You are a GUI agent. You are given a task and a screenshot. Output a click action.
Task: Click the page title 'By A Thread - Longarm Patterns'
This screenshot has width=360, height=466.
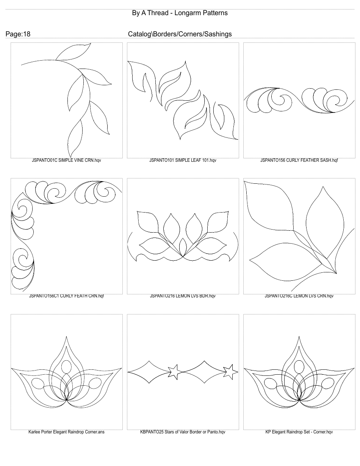[180, 13]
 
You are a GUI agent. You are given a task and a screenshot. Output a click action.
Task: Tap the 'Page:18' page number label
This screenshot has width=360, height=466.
[18, 34]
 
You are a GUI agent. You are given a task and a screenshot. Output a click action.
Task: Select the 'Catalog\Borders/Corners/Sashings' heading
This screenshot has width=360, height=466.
[180, 34]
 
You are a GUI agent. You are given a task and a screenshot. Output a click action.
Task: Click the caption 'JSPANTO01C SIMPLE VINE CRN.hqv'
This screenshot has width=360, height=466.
[66, 160]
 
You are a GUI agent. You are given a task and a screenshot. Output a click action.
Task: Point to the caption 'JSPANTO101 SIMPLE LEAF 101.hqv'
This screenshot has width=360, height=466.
[183, 160]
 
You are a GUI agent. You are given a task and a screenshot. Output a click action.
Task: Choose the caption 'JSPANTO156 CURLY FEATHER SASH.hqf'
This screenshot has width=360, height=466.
[299, 160]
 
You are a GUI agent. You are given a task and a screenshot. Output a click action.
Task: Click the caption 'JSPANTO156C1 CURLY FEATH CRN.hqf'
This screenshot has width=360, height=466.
[66, 296]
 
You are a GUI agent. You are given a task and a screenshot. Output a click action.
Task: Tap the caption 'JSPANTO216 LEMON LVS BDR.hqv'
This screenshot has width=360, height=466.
[183, 296]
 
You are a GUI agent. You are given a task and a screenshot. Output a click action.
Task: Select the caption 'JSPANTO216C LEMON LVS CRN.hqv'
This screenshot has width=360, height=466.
[299, 296]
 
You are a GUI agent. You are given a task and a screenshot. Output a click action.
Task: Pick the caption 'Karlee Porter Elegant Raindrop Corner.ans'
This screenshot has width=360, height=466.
[66, 432]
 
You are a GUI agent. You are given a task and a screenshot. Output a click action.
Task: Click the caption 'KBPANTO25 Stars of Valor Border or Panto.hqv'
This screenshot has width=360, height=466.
[183, 432]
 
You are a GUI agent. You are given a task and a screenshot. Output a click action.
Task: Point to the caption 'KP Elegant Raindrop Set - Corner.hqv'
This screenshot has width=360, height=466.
[299, 432]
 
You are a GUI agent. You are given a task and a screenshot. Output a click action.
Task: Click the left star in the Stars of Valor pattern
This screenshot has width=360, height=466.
[174, 372]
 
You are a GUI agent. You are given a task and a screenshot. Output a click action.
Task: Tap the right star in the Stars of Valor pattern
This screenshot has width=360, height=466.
[230, 372]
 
